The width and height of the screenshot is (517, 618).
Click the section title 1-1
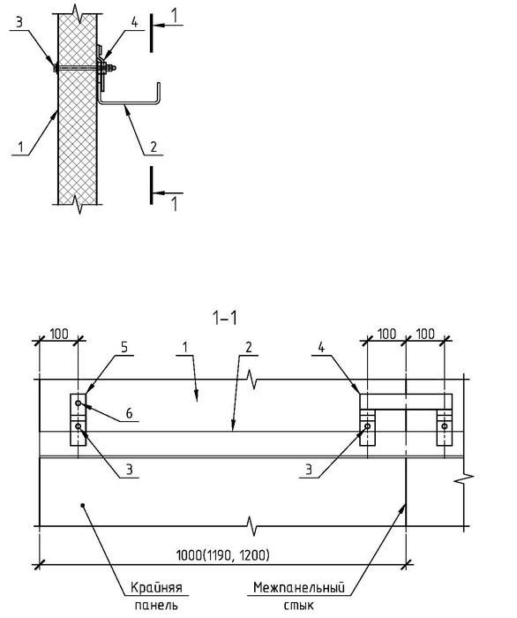[x=225, y=318]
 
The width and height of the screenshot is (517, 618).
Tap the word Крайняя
[x=156, y=588]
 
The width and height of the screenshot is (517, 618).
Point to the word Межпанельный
[x=299, y=588]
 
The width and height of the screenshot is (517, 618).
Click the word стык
[x=299, y=605]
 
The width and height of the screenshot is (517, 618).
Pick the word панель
[x=156, y=605]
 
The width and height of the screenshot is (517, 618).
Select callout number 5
[x=124, y=348]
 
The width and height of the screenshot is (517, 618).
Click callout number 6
[x=129, y=413]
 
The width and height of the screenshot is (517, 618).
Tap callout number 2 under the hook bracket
[x=154, y=147]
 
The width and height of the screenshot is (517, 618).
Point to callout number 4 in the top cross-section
[x=135, y=22]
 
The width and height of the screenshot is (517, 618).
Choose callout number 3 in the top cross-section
[x=19, y=22]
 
